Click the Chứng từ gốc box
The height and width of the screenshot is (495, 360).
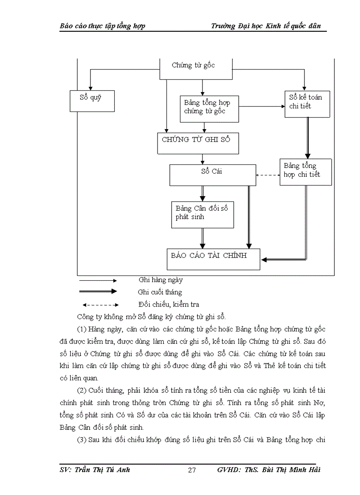[195, 68]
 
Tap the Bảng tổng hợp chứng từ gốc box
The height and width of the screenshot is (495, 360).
[209, 108]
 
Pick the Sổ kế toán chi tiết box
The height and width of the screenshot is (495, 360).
[307, 104]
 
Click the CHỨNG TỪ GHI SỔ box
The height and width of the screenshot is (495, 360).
[198, 143]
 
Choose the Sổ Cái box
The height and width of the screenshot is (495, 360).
[212, 175]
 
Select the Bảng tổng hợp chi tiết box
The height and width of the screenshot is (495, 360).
[306, 171]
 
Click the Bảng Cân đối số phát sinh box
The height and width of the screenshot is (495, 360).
[202, 215]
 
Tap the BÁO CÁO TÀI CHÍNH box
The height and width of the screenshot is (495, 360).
[213, 259]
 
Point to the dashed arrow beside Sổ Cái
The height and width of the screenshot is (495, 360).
[268, 175]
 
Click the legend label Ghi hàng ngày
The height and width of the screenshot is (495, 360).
[160, 280]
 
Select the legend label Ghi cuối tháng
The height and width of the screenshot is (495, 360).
[160, 292]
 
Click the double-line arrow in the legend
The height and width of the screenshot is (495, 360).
[97, 291]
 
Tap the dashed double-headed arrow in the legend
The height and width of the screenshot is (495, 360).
[100, 305]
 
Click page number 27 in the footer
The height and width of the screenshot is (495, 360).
[192, 470]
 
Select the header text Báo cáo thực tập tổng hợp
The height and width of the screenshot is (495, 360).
[102, 26]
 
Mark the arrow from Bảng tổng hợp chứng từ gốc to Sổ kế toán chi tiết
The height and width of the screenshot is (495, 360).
[262, 107]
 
